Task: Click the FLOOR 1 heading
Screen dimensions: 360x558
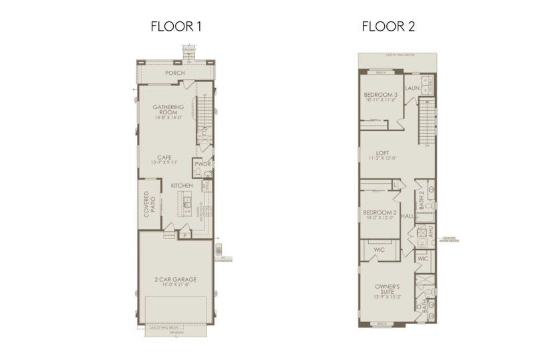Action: (176, 27)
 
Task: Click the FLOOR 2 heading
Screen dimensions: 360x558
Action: (389, 27)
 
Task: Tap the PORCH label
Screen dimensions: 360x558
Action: (175, 73)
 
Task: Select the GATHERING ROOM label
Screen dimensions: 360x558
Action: (168, 110)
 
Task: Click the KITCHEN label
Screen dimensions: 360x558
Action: (181, 185)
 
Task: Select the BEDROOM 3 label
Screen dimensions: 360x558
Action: (380, 94)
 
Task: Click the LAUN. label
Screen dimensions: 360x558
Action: (412, 87)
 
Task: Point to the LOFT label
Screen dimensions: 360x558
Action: (382, 152)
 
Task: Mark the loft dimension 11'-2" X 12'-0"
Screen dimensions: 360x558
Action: (382, 158)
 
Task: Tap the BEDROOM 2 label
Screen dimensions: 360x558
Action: (380, 212)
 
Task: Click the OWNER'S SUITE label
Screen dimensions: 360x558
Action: (386, 289)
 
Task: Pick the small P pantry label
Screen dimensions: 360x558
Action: (184, 235)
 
